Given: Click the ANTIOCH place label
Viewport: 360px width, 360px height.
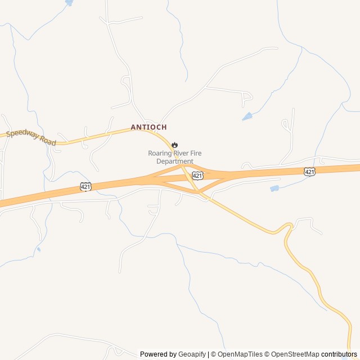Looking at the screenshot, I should click(x=148, y=127).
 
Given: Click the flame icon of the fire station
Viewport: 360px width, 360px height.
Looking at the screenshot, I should click(x=174, y=145).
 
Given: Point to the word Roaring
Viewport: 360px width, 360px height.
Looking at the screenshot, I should click(x=160, y=153).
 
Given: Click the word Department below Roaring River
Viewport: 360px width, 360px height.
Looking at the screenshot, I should click(x=174, y=161).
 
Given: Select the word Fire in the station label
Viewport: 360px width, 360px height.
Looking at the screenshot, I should click(x=196, y=153).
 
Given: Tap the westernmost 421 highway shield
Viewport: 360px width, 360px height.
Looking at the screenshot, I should click(x=85, y=186).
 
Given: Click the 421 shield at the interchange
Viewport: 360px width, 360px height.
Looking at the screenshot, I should click(x=197, y=176).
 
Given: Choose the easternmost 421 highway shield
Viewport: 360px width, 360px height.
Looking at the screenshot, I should click(x=309, y=171).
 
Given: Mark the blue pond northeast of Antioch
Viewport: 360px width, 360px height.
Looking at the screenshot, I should click(x=247, y=117).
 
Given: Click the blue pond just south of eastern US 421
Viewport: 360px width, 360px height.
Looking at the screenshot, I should click(x=274, y=188).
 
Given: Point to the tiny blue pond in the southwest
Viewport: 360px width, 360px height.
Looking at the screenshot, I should click(x=38, y=249).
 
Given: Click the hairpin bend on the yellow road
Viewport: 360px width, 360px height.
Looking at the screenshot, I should click(x=289, y=227).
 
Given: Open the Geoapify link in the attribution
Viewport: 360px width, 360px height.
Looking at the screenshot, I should click(x=192, y=354).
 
